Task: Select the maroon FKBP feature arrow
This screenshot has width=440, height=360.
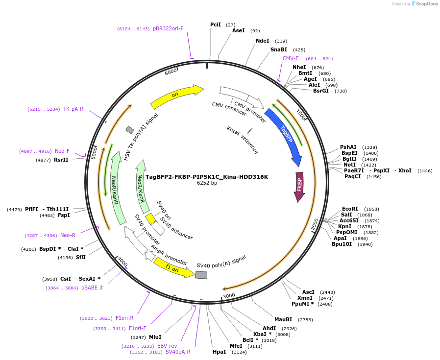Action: pos(299,187)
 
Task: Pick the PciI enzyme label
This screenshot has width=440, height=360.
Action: pos(216,24)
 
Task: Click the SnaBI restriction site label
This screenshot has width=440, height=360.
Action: pos(279,49)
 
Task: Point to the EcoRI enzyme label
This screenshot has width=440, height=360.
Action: pos(350,209)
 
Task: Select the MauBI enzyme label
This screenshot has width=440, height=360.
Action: pos(283,319)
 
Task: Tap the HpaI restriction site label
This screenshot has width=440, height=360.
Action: pos(219,352)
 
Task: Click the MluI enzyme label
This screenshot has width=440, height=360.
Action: pos(155,337)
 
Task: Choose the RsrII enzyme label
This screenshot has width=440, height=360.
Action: pos(61,160)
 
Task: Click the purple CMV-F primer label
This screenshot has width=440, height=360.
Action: pos(291,58)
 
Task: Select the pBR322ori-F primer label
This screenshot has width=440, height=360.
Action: pos(168,28)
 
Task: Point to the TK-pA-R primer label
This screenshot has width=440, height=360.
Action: pos(73,109)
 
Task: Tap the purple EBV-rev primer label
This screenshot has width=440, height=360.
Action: pos(167,346)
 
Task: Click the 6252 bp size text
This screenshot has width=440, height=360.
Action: pos(207,183)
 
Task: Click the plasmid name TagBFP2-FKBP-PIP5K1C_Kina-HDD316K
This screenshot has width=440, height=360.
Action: pos(207,177)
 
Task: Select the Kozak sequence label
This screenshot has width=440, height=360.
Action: pos(242,140)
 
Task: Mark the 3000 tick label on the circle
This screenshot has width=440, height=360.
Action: pos(229,296)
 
